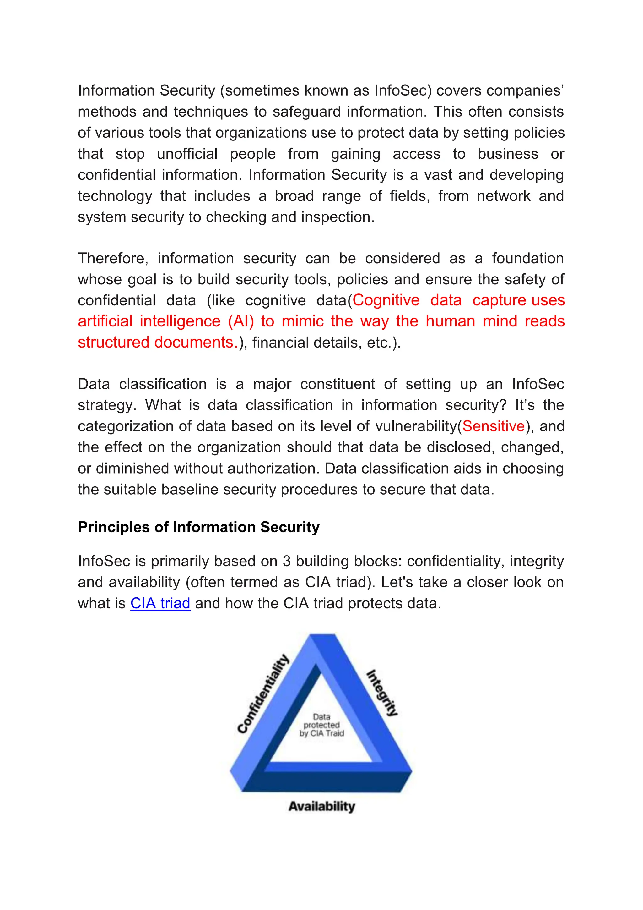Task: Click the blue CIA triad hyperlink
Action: coord(160,603)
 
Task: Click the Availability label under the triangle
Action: coord(321,806)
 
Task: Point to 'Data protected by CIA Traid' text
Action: coord(321,725)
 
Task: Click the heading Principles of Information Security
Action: coord(198,527)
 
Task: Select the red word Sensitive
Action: coord(493,426)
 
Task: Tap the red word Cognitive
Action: coord(386,300)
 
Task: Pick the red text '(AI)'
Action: coord(241,321)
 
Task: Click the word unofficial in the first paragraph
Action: coord(187,154)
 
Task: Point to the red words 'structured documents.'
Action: coord(158,343)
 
